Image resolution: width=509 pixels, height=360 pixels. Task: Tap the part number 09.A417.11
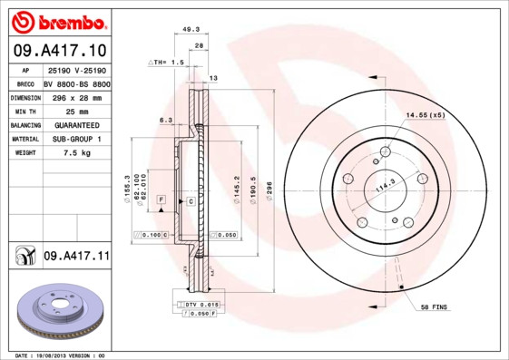76,257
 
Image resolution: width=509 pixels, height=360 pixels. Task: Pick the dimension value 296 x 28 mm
76,96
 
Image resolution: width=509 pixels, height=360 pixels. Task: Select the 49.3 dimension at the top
191,30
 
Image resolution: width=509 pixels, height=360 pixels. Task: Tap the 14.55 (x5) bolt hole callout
425,115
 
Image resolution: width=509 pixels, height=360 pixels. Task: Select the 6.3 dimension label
166,119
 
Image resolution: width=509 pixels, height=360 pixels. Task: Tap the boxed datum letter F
161,198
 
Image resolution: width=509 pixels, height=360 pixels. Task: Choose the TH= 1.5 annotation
167,62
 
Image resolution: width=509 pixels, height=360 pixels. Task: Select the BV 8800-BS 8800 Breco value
76,83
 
